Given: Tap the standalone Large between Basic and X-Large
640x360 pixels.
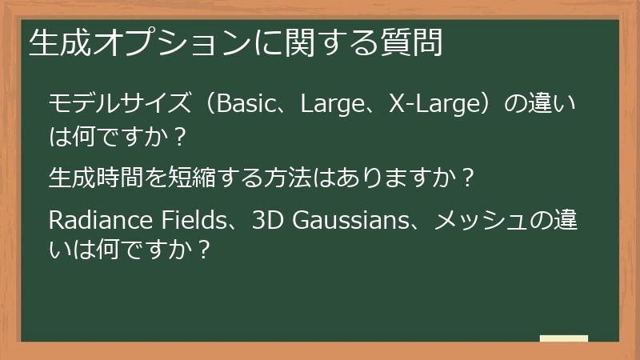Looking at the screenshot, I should coord(333,104).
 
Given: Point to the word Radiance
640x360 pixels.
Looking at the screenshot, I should coord(88,220).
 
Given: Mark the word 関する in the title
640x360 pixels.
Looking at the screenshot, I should coord(327,42).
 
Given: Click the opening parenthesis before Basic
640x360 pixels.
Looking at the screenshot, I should coord(206,104).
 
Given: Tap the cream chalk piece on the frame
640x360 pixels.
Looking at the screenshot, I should coord(564,338).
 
